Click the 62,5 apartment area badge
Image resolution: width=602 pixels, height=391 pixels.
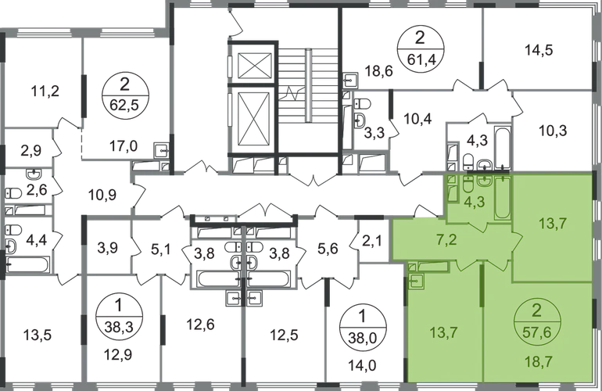[x=125, y=95]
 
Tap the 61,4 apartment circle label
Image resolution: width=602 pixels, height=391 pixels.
[x=420, y=48]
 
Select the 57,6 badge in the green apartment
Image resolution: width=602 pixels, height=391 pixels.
[x=536, y=321]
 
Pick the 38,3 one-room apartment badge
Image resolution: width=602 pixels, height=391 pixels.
[x=118, y=317]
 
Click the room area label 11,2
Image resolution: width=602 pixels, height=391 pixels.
[x=45, y=91]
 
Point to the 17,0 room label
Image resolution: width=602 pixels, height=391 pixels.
[x=124, y=146]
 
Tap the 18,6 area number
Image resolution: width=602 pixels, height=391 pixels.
[x=378, y=70]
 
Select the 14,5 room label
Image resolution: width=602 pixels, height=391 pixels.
[x=539, y=50]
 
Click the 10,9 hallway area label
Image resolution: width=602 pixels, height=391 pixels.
[x=102, y=195]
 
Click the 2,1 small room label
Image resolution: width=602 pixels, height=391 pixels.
[x=372, y=242]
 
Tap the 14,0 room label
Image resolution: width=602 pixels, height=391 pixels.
[x=362, y=366]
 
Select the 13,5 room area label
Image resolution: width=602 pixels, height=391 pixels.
[x=38, y=335]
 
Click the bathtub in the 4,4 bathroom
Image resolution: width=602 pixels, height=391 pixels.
[x=27, y=264]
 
